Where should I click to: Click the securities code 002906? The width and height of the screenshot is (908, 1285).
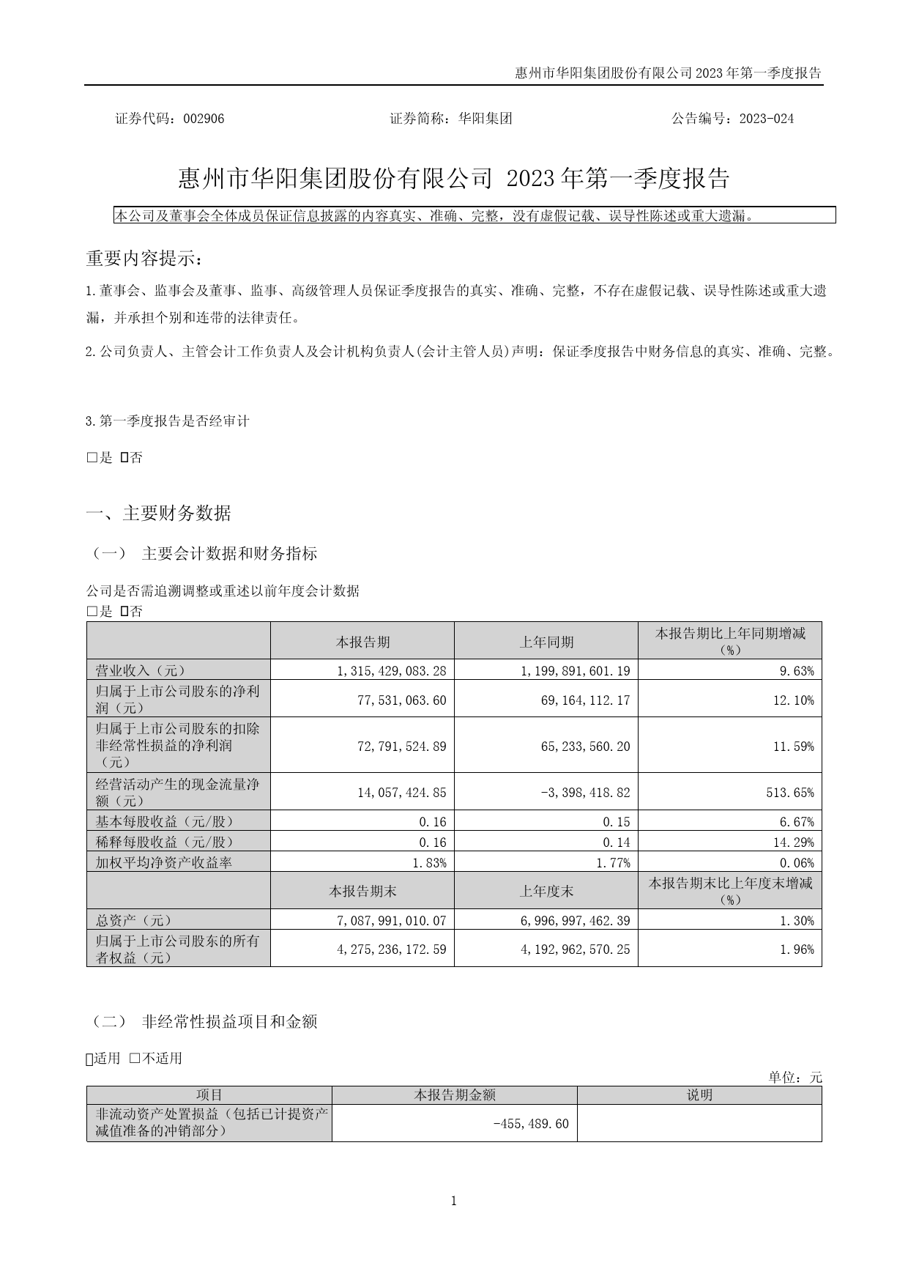click(x=204, y=119)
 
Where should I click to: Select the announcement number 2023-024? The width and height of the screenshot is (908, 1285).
click(x=767, y=119)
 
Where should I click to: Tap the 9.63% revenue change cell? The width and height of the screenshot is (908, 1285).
click(x=797, y=670)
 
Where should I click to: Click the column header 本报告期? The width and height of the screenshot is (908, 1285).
click(x=362, y=642)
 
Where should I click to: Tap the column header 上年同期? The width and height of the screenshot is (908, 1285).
click(x=546, y=642)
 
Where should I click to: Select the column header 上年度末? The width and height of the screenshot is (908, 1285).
click(x=546, y=891)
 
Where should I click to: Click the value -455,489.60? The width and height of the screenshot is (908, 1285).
click(x=532, y=1124)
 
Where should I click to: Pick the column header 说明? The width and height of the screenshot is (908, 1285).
click(x=699, y=1095)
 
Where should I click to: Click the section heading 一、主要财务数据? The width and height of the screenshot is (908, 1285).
click(x=159, y=514)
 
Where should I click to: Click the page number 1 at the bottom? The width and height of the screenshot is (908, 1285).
click(x=454, y=1201)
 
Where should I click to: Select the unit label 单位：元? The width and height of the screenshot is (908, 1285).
click(x=795, y=1077)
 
